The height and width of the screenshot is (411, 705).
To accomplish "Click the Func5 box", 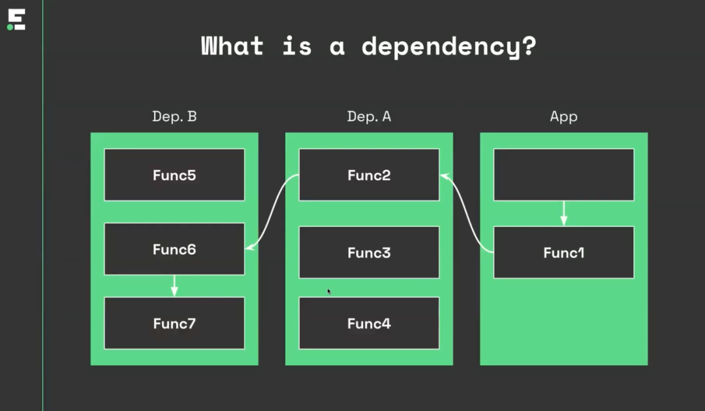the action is coord(174,174).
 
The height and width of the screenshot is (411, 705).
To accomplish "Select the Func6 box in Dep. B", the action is coord(174,249).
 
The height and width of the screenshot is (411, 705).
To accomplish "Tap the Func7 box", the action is coord(174,323).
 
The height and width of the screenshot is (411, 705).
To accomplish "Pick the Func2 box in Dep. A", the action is coord(369,174).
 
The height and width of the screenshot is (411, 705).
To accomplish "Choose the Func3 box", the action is coord(369,252).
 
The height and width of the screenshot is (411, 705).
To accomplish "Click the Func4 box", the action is coord(369,323).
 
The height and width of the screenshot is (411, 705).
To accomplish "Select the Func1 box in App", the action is coord(564,252).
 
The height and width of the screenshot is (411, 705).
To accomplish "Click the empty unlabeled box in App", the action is coord(564,174).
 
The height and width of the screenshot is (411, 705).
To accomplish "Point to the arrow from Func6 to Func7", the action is coord(174,286).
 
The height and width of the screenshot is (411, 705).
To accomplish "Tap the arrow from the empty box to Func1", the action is coord(564,214).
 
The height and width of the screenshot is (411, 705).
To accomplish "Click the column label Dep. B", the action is coord(174,116).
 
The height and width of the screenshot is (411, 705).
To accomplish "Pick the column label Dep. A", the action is coord(369,116).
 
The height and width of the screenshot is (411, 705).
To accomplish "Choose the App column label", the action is coord(564,117).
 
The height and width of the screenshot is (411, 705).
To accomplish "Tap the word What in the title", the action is coord(232,46).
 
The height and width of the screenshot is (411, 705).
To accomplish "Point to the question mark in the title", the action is coord(529,46).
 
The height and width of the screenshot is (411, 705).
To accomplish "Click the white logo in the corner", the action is coord(16,20).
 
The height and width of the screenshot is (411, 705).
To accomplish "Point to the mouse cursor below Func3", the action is coord(328,291).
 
